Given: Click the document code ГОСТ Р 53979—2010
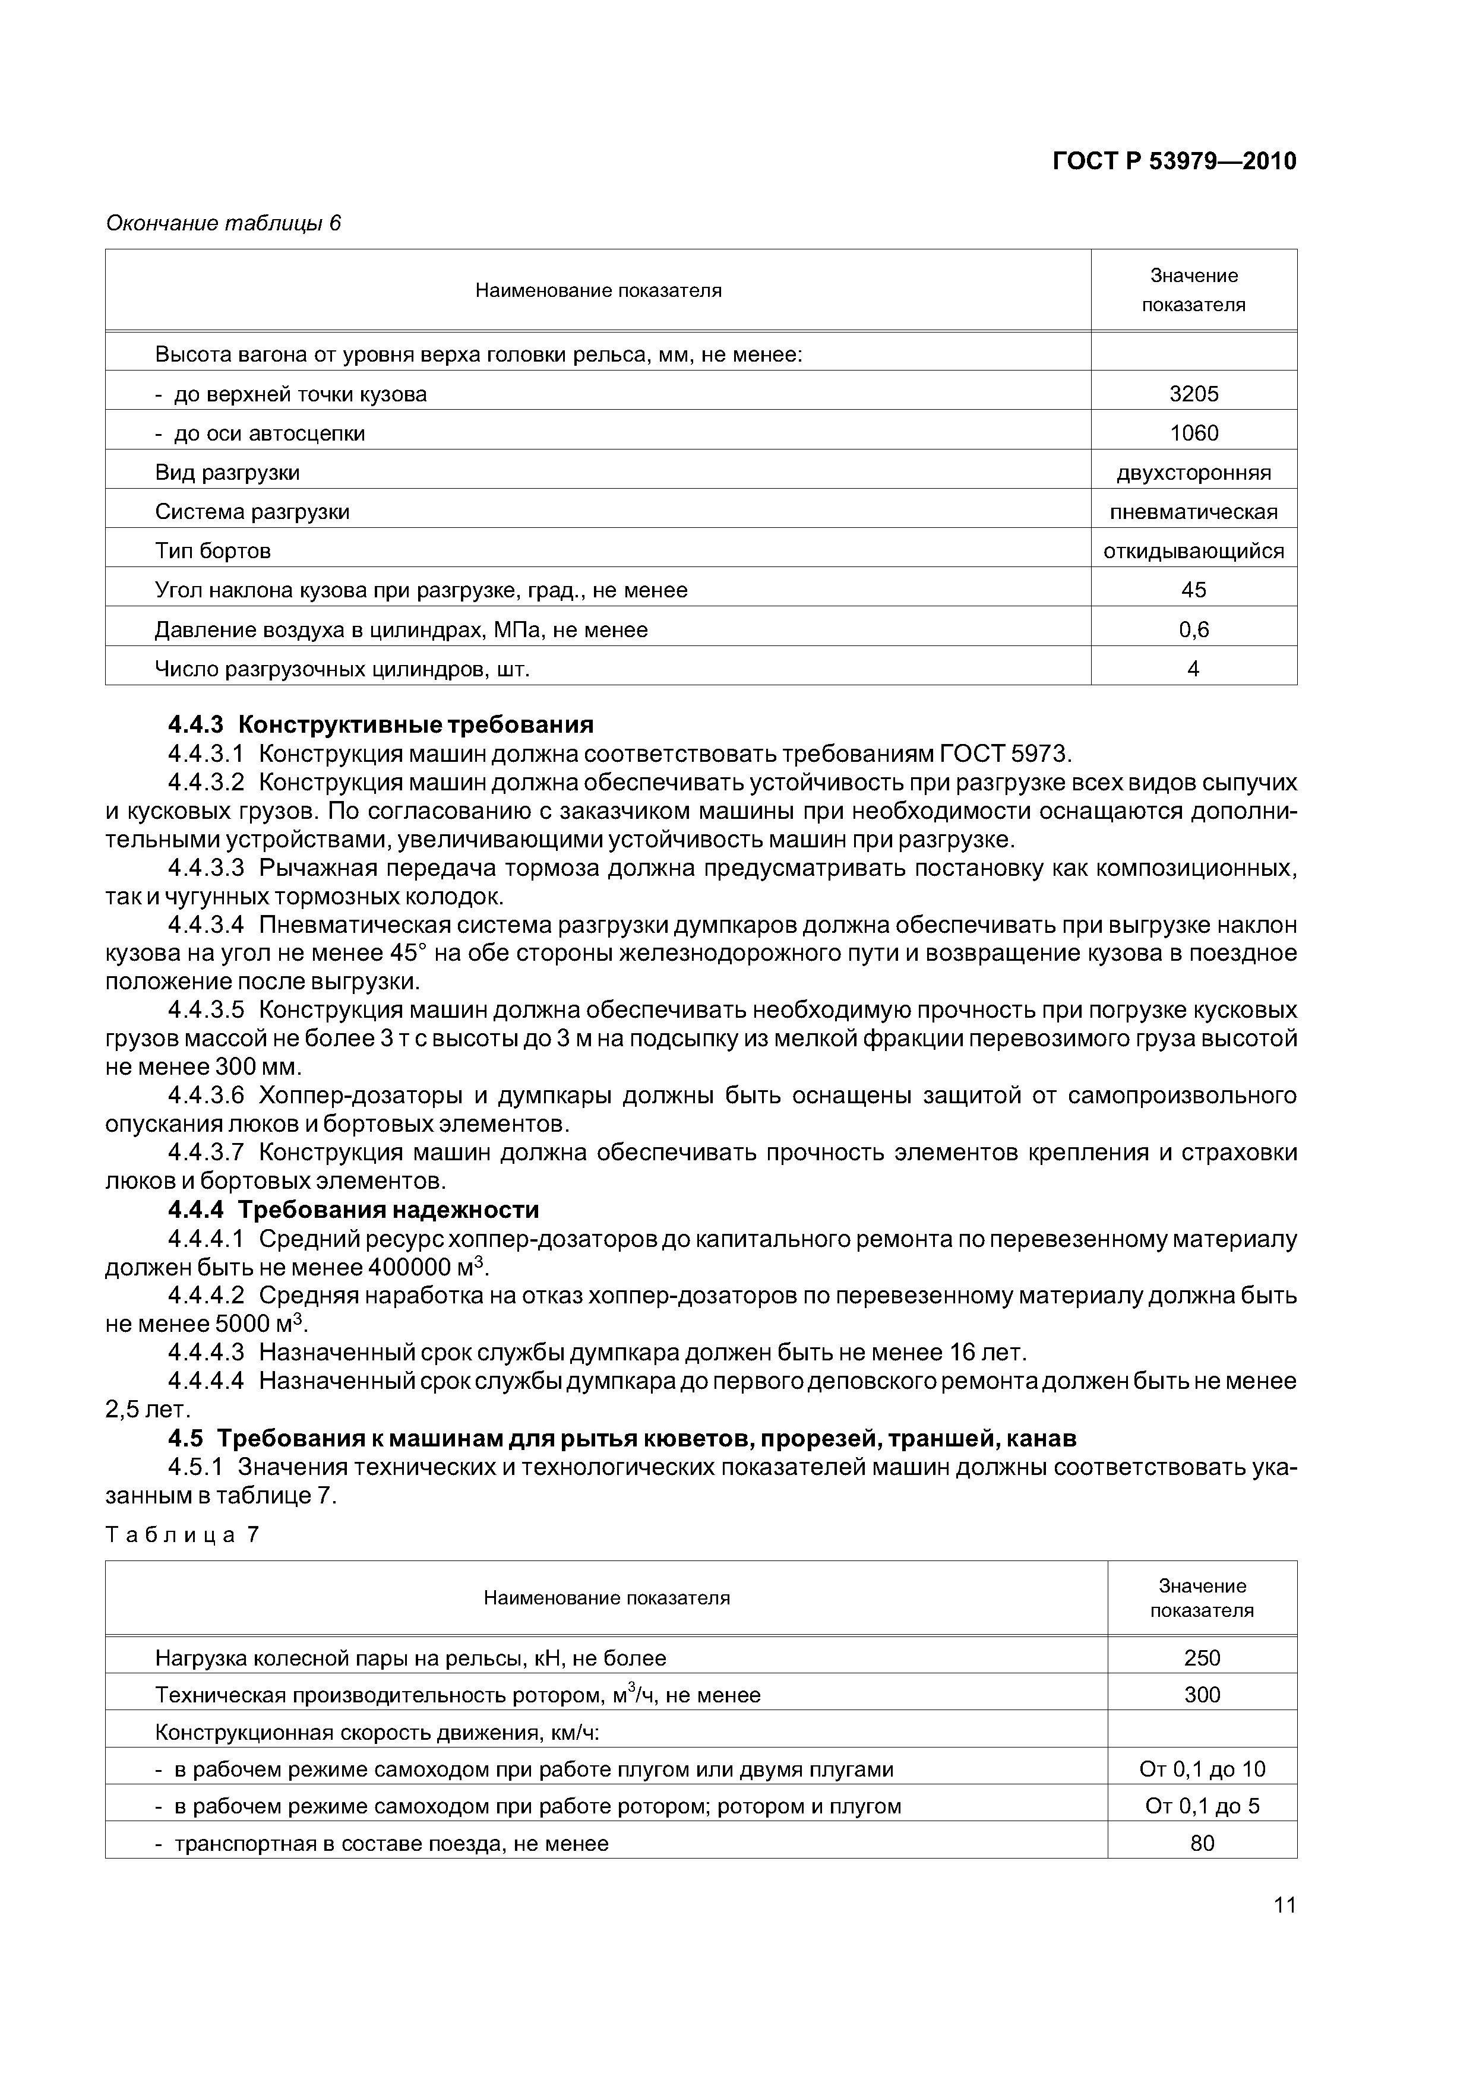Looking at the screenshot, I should [x=1174, y=162].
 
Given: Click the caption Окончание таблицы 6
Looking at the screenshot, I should [x=223, y=223].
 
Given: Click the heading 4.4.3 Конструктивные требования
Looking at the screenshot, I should [x=381, y=725].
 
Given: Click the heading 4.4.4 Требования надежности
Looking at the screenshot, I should [x=354, y=1210].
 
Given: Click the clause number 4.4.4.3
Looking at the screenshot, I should [x=206, y=1353].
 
